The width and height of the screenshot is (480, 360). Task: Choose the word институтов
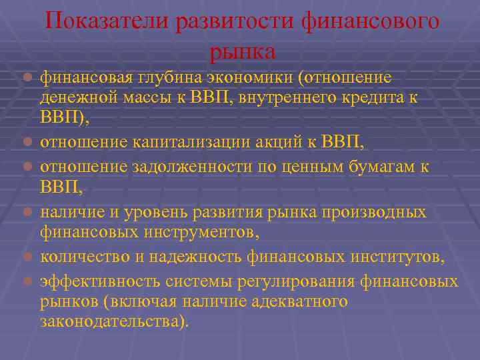[397, 258]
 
